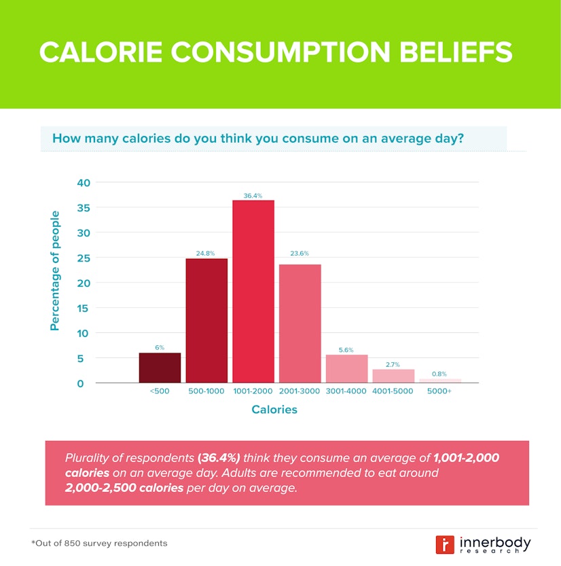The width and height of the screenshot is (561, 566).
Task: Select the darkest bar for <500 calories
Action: click(160, 368)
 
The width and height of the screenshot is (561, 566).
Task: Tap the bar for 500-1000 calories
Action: click(206, 320)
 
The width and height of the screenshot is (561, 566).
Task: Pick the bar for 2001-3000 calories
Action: click(300, 323)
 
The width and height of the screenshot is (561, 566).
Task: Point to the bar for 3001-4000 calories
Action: click(346, 368)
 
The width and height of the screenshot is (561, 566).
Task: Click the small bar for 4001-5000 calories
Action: click(393, 376)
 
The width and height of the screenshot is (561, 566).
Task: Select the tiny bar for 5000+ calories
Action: click(439, 381)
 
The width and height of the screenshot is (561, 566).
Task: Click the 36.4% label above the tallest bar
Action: click(253, 196)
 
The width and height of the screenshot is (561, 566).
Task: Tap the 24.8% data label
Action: click(206, 253)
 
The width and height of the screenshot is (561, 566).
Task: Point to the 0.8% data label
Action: click(439, 373)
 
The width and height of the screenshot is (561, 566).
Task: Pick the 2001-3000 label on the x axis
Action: click(300, 391)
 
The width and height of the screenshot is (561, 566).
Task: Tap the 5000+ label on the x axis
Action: click(439, 391)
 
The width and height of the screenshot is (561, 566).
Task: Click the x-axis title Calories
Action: click(274, 410)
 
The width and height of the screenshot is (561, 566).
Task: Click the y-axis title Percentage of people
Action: click(55, 270)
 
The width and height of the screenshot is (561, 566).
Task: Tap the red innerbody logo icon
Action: click(445, 544)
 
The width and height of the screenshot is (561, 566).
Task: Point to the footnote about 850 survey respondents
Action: click(99, 544)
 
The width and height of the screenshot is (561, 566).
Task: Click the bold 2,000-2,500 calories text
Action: click(124, 488)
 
